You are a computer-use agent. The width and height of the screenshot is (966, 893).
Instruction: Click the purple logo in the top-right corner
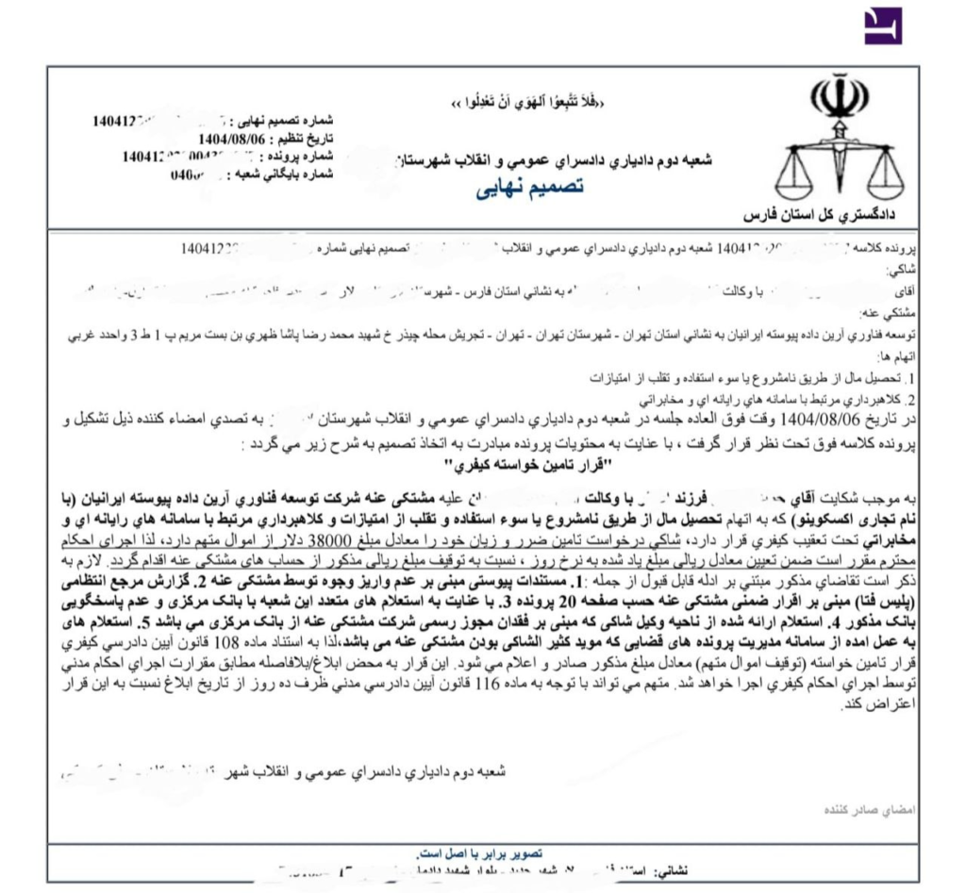coord(883,26)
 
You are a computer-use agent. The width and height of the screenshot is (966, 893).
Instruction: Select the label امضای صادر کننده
coord(865,810)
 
